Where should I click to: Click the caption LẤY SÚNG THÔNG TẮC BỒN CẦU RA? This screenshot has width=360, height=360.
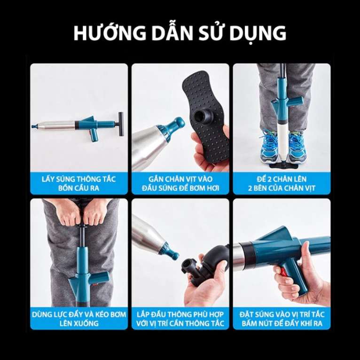(79, 183)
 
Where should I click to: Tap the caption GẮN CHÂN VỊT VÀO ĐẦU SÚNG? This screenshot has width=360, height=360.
(180, 183)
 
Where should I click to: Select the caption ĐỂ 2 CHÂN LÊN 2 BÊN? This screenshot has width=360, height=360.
(282, 183)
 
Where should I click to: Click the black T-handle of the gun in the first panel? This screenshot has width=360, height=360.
(121, 124)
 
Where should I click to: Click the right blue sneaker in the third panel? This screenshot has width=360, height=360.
(297, 146)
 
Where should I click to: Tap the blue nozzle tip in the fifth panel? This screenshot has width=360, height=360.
(171, 253)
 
